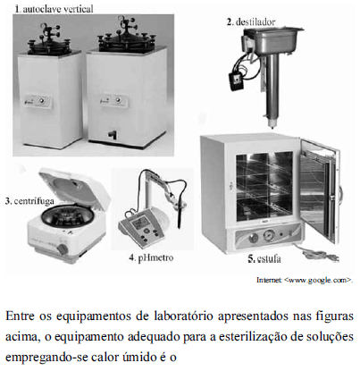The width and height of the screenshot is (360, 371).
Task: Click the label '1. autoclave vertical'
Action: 54,9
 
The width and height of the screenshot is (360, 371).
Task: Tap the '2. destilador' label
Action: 251,21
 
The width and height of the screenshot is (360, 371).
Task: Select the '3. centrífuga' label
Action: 29,201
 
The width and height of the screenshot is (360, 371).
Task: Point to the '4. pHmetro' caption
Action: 151,257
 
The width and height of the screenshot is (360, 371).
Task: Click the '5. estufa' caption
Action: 264,258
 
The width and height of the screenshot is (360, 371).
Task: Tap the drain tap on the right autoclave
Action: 112,135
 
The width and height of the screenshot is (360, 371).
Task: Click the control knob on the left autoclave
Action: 42,101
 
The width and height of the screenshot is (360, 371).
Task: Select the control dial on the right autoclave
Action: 118,99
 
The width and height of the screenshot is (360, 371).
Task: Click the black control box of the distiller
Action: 236,81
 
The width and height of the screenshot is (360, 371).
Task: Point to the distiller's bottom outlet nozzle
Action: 271,123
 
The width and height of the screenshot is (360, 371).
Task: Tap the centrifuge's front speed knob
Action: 63,249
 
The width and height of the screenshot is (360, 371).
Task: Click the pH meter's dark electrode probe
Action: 180,217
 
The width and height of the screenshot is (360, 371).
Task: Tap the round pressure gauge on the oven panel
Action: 269,237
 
